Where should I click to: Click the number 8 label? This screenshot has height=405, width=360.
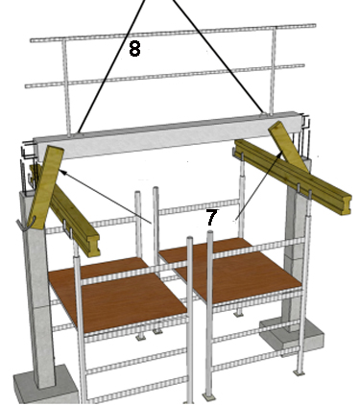pos(134,49)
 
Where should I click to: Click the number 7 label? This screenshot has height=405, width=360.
pos(211,218)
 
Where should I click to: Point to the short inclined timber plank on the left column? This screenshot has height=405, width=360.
pos(45,186)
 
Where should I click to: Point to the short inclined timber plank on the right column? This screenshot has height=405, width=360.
pos(288,146)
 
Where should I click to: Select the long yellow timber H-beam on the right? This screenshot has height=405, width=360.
pos(293,177)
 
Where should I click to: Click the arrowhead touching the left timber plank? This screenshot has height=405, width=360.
pos(62,173)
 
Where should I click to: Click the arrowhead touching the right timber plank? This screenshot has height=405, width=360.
pos(280,155)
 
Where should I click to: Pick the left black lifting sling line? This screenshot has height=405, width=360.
pos(111,67)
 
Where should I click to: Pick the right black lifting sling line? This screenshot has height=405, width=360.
pos(219,57)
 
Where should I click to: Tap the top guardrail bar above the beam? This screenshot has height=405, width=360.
pos(173,33)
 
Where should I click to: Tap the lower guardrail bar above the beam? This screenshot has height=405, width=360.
pos(164,76)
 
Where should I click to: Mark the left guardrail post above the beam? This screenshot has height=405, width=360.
pos(66,88)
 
